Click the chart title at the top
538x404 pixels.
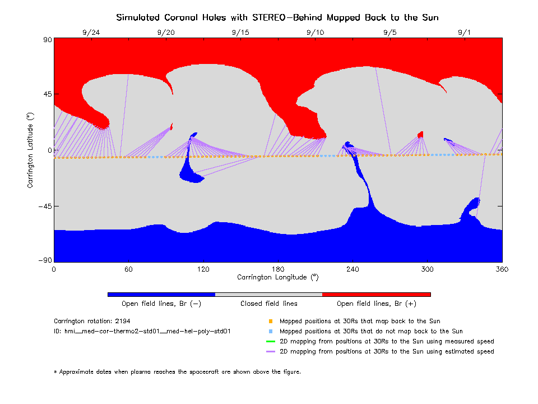click(x=277, y=17)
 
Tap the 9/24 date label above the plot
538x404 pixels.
click(x=91, y=33)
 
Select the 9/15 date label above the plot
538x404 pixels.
click(x=240, y=33)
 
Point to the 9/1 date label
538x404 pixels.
click(x=465, y=33)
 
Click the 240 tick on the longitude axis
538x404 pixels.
click(x=353, y=269)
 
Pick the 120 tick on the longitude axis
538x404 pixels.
click(x=203, y=269)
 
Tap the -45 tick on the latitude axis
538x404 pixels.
click(x=44, y=206)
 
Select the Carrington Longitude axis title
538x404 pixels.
click(x=277, y=277)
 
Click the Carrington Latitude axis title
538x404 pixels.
click(x=31, y=150)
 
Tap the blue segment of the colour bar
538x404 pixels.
click(x=161, y=294)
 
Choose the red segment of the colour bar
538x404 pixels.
click(x=376, y=294)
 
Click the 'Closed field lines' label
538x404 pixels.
click(x=269, y=304)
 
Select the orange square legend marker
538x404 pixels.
click(x=270, y=322)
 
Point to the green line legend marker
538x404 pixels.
click(x=270, y=341)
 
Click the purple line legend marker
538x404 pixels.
click(x=270, y=351)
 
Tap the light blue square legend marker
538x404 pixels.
click(x=270, y=332)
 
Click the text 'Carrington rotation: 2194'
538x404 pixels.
click(x=90, y=322)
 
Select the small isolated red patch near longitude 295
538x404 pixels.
click(x=420, y=134)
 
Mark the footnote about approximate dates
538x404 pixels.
click(x=177, y=371)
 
